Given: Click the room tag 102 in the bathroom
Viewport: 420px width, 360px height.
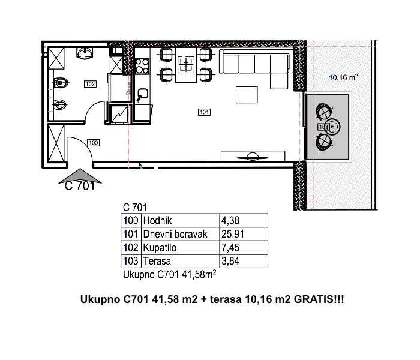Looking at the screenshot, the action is point(90,84).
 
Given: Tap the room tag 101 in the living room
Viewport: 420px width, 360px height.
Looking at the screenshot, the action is point(204,112).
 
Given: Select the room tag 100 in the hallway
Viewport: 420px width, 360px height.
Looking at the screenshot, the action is point(93,143).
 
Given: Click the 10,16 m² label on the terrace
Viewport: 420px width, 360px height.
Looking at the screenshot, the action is point(343,77).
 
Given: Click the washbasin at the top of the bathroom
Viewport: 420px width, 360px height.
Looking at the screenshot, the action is point(85,53).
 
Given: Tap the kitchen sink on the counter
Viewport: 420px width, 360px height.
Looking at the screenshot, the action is point(143,94).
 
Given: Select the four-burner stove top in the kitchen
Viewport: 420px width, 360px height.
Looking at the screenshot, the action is point(142,66).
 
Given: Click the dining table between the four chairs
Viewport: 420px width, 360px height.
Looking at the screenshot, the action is point(186,65).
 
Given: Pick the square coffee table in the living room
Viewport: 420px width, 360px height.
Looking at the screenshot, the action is point(247,95).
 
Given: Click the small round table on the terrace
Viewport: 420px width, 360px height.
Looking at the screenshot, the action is point(332,127).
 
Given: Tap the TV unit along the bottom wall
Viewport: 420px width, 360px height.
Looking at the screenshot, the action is point(253,156).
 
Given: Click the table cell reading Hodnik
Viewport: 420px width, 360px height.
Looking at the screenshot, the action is point(157,220).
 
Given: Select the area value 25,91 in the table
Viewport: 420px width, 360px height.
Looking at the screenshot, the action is point(233,234).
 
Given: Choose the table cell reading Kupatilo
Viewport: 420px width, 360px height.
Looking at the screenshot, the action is point(160,248).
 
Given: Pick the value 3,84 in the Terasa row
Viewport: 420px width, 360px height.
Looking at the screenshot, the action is point(230,261).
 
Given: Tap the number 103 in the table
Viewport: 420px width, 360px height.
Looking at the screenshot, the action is point(131,261).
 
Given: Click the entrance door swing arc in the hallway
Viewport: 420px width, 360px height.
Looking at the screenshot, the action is point(83,145).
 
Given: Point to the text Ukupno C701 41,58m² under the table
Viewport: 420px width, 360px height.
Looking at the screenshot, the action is point(170,275).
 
